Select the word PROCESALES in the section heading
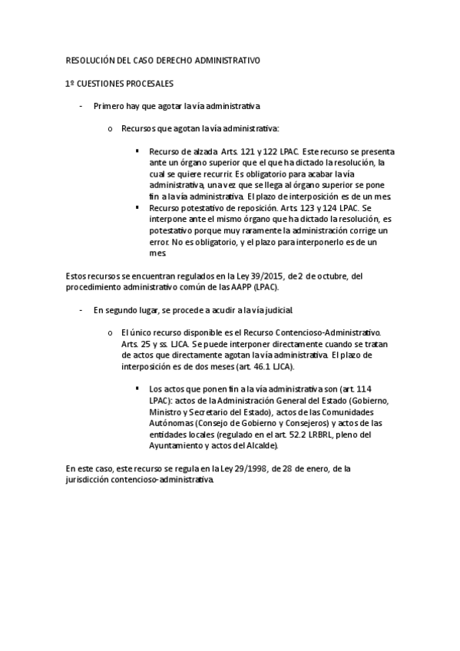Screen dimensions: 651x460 (x=149, y=83)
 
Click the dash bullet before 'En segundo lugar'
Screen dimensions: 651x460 (x=81, y=310)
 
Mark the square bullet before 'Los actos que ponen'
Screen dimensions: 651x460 (x=137, y=389)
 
